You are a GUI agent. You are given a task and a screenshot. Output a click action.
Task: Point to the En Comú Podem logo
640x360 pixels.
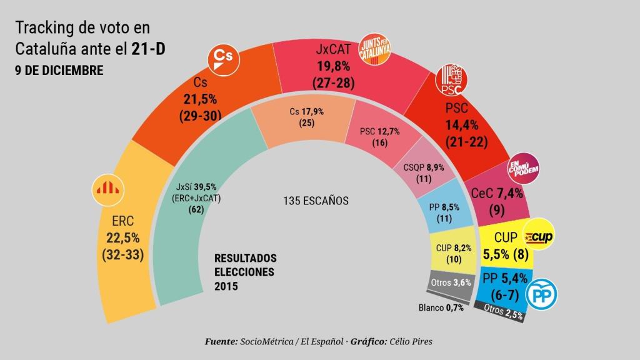tap(523, 166)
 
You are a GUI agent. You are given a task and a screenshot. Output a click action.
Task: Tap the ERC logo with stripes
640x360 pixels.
tap(109, 188)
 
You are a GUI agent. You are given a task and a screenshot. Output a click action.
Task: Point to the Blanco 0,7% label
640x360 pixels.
tap(441, 307)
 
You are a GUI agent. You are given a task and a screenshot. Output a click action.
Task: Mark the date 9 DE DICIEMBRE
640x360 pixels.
tap(59, 70)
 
